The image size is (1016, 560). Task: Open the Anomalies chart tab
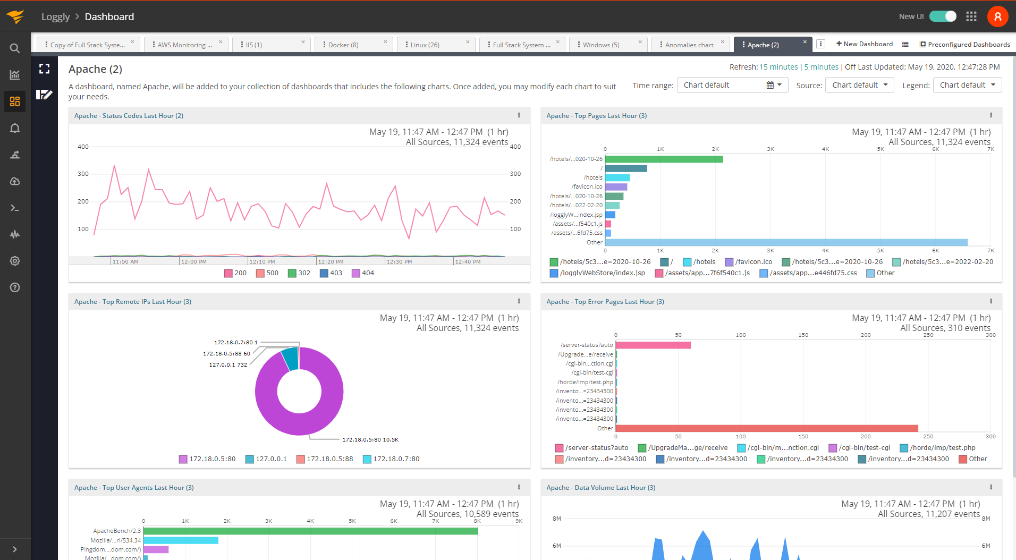[689, 45]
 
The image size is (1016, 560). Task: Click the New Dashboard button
[864, 44]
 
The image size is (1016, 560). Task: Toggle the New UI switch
[943, 16]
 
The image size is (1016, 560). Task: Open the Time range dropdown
[732, 85]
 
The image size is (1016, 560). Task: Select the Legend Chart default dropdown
[967, 85]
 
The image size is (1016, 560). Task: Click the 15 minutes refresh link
[778, 67]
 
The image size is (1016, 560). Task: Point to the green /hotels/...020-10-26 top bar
[664, 159]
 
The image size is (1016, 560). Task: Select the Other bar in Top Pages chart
[786, 242]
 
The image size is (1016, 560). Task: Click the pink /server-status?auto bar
[653, 345]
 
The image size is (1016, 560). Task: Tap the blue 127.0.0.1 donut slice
[291, 358]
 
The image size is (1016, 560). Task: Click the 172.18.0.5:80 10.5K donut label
[370, 440]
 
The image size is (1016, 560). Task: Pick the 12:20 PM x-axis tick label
[331, 261]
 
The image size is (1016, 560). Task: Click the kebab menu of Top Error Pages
[990, 301]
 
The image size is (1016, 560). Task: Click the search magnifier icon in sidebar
[15, 48]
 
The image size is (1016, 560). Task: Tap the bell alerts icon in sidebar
[15, 128]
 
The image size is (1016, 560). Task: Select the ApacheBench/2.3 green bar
[310, 531]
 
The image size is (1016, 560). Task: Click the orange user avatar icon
[997, 16]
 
